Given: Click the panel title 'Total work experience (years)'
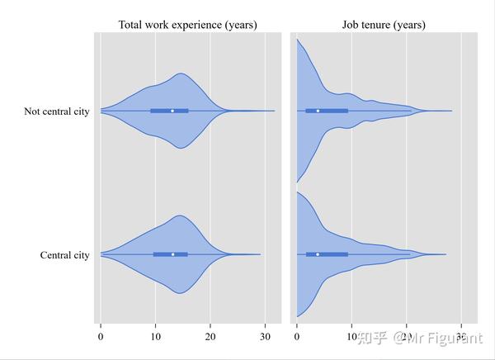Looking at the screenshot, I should pyautogui.click(x=188, y=25).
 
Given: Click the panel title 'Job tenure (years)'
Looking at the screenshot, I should pyautogui.click(x=384, y=25).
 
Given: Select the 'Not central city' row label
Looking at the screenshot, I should pyautogui.click(x=57, y=111).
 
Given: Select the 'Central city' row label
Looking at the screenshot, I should pyautogui.click(x=64, y=255).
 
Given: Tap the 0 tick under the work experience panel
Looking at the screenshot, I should pyautogui.click(x=101, y=336).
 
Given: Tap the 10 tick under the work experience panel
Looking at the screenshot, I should pyautogui.click(x=155, y=336).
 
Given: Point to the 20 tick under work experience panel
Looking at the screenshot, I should pyautogui.click(x=210, y=336).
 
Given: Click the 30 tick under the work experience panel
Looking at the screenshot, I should pyautogui.click(x=265, y=336).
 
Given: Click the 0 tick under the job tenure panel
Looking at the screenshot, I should pyautogui.click(x=297, y=336).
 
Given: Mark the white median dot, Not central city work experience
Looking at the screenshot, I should pyautogui.click(x=172, y=111).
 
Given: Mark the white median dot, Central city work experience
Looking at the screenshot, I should pyautogui.click(x=172, y=254).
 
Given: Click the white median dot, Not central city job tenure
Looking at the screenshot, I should pyautogui.click(x=318, y=111).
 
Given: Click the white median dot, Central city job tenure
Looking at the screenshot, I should pyautogui.click(x=318, y=254).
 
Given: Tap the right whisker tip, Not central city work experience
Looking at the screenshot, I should pyautogui.click(x=275, y=111).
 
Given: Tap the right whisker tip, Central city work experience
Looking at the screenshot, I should pyautogui.click(x=261, y=254).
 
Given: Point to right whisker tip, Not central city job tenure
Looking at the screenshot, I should pyautogui.click(x=452, y=111).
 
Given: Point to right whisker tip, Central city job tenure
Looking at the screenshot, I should pyautogui.click(x=446, y=254).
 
